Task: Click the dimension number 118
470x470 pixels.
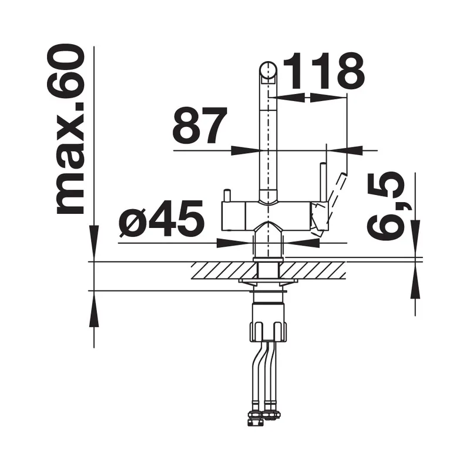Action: point(324,71)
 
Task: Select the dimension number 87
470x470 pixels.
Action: point(200,125)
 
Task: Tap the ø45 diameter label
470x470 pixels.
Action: point(162,218)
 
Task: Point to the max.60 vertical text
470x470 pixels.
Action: point(66,130)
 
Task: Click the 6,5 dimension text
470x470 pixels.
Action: point(386,207)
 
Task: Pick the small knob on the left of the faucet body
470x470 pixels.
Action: point(227,196)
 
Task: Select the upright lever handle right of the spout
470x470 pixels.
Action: point(323,182)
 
